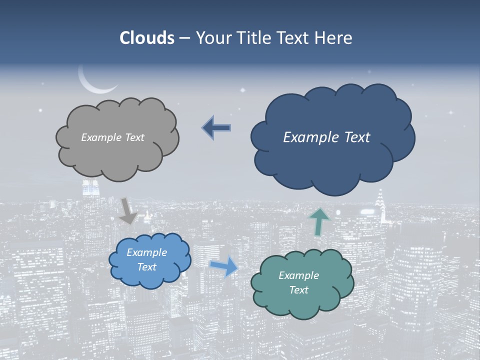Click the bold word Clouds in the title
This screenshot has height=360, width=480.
(x=146, y=38)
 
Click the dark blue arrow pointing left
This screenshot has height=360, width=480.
(x=216, y=128)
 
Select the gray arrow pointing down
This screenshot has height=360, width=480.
(x=128, y=210)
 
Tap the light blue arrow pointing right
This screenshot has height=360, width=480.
(x=223, y=266)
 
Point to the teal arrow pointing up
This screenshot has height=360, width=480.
(x=318, y=221)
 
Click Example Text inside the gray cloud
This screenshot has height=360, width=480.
(x=112, y=137)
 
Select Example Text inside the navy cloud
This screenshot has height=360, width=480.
(x=326, y=137)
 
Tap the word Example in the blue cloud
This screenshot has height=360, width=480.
(x=146, y=252)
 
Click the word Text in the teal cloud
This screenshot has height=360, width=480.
(x=298, y=290)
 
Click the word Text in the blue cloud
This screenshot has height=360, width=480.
(x=146, y=267)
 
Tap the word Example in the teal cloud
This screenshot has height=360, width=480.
(x=298, y=275)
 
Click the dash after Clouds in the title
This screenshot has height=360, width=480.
(x=184, y=38)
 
